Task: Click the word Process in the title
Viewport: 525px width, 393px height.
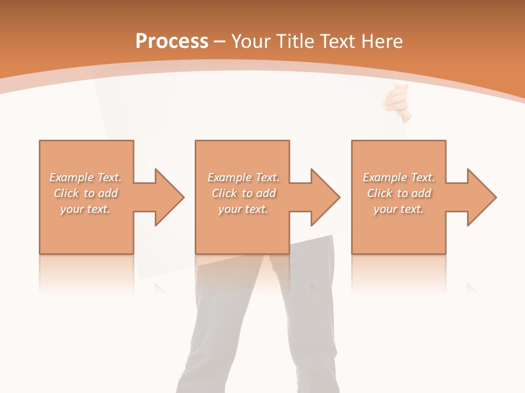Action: (x=172, y=41)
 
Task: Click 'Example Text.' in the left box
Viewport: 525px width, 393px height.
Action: (x=86, y=177)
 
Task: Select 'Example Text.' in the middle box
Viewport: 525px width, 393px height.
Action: (x=243, y=177)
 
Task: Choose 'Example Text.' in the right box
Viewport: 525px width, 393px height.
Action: (x=399, y=177)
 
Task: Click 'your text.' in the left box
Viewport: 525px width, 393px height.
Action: (x=85, y=209)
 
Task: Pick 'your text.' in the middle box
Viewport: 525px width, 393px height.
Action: (x=243, y=209)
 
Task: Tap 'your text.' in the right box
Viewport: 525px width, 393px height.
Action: (x=399, y=209)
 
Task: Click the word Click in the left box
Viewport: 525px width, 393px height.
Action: (x=66, y=193)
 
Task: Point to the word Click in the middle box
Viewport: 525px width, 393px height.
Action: (x=224, y=193)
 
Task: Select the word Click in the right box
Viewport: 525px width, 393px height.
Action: (x=380, y=193)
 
